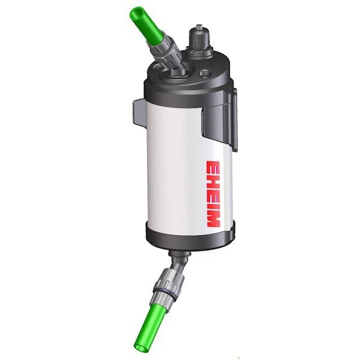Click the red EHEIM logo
pyautogui.click(x=214, y=193)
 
